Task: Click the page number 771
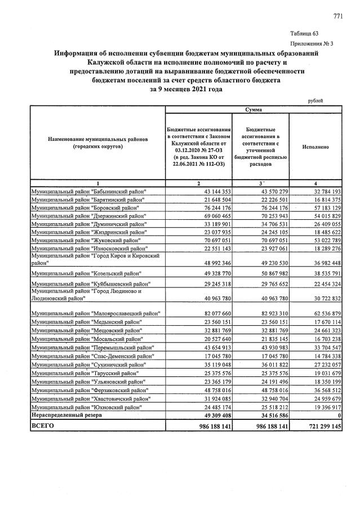point(338,16)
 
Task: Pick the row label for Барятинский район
point(89,200)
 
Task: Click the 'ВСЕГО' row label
point(43,426)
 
